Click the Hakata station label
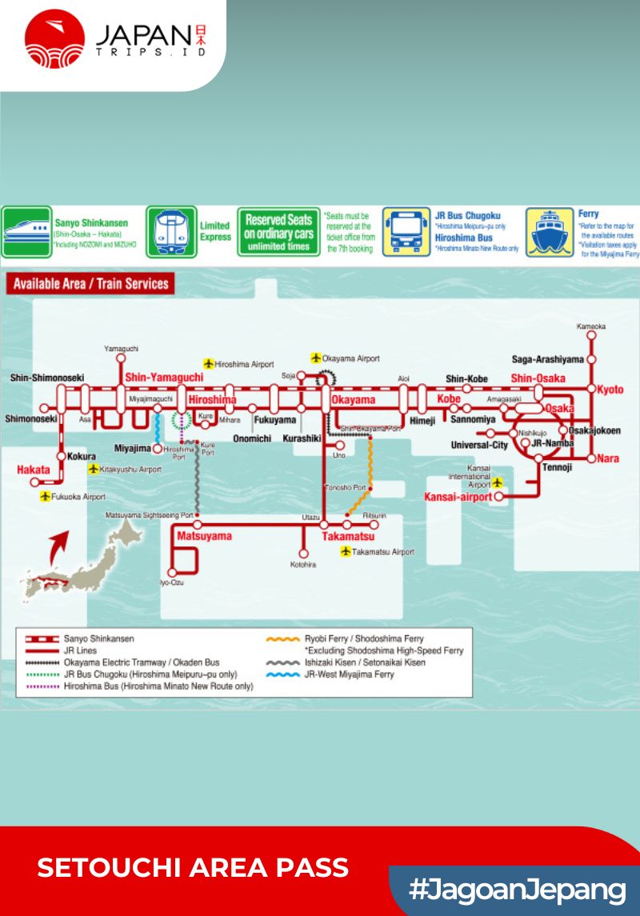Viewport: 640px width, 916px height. coord(33,470)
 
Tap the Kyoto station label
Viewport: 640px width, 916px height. coord(610,390)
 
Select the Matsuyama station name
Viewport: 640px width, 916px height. coord(204,536)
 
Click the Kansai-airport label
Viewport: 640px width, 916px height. coord(457,498)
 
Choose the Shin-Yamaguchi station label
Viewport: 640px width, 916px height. coord(164,378)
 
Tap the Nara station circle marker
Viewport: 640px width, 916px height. coord(591,458)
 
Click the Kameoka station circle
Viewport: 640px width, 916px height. coord(591,336)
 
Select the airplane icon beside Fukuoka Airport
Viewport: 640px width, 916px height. coord(45,497)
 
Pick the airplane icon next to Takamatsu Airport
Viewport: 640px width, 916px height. coord(346,552)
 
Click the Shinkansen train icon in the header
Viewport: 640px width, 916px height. coord(26,232)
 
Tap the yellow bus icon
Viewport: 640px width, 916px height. coord(406,232)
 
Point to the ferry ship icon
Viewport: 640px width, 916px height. coord(550,232)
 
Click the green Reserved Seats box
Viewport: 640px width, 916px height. coord(278,232)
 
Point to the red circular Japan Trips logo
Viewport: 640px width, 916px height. coord(54,38)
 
